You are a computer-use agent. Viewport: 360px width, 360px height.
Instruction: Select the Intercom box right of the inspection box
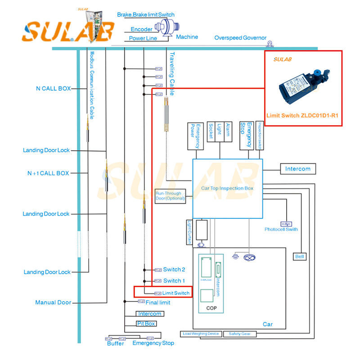point(297,169)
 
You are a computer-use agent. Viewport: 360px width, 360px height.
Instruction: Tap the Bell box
point(300,256)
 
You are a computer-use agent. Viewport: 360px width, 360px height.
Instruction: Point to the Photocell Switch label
point(281,229)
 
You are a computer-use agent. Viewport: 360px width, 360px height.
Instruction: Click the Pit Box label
point(146,324)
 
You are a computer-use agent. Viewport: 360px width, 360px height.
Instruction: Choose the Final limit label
point(158,302)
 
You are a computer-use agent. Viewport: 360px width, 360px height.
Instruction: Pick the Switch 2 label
point(174,270)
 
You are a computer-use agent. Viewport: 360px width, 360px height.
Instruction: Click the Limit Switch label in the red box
point(175,293)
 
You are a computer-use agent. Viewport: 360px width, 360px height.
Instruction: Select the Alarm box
point(228,132)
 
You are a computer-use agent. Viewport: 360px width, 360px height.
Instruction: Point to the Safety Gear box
point(241,334)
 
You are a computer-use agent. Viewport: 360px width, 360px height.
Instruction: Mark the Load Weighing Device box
point(201,334)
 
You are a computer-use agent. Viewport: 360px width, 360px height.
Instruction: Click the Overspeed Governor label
point(240,38)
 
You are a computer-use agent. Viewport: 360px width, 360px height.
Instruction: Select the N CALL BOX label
point(53,89)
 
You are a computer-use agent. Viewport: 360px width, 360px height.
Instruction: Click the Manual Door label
point(53,303)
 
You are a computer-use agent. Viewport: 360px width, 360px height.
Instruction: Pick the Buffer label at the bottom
point(115,344)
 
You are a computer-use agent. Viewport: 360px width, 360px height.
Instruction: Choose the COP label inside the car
point(211,308)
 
